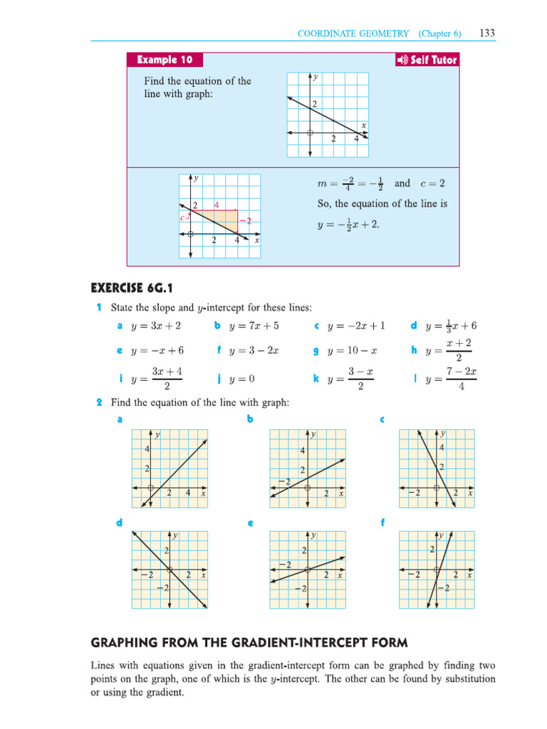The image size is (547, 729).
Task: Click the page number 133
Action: pyautogui.click(x=488, y=33)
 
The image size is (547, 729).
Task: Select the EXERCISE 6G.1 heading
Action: pyautogui.click(x=132, y=288)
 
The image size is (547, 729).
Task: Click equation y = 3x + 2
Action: pyautogui.click(x=156, y=326)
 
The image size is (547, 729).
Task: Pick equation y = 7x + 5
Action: pyautogui.click(x=254, y=326)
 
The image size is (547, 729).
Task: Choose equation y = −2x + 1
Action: pyautogui.click(x=356, y=326)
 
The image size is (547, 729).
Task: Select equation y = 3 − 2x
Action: pyautogui.click(x=254, y=350)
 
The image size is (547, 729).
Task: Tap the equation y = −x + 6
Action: pyautogui.click(x=158, y=350)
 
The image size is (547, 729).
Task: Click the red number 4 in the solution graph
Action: pyautogui.click(x=217, y=205)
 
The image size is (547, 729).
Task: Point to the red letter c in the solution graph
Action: pyautogui.click(x=183, y=217)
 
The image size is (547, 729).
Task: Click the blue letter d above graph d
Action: pyautogui.click(x=120, y=523)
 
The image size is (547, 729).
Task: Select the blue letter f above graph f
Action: pyautogui.click(x=383, y=523)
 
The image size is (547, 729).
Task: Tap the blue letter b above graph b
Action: pyautogui.click(x=250, y=419)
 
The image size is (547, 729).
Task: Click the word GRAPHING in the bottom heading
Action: pyautogui.click(x=128, y=643)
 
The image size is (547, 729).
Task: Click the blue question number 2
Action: pyautogui.click(x=99, y=402)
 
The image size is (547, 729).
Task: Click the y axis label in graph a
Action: pyautogui.click(x=157, y=434)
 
